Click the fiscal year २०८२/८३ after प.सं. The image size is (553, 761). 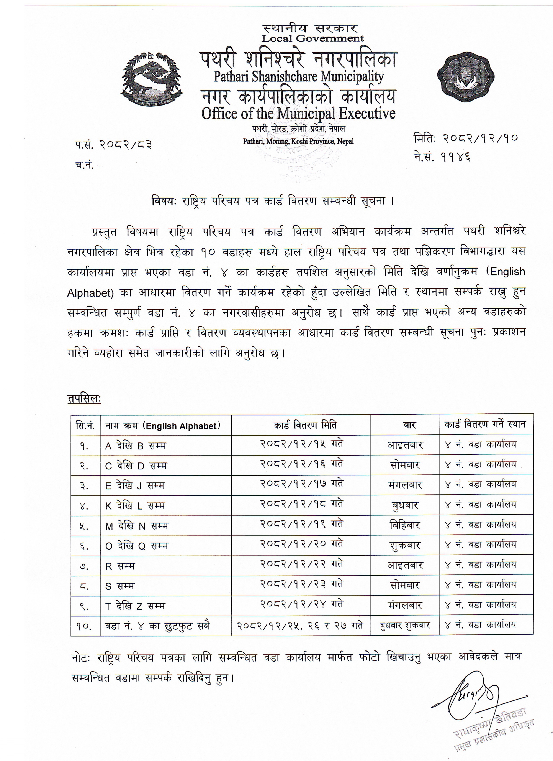click(125, 145)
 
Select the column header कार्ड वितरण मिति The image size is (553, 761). click(300, 425)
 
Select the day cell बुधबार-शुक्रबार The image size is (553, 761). click(405, 626)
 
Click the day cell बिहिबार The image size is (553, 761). click(405, 525)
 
